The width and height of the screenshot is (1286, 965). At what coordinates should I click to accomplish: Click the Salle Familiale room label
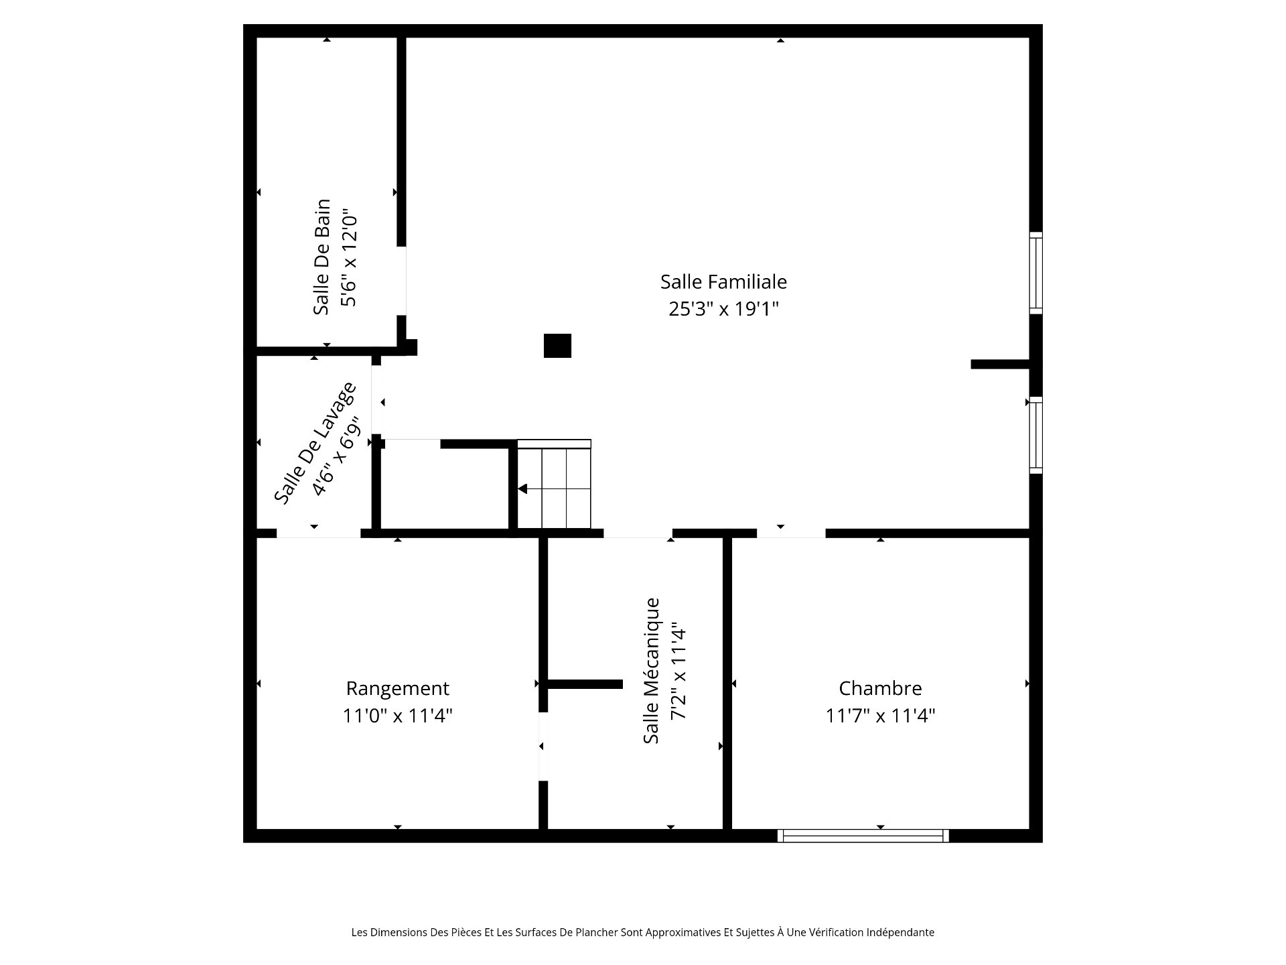pyautogui.click(x=723, y=281)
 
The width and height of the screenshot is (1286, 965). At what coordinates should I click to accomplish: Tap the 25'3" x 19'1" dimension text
pyautogui.click(x=724, y=309)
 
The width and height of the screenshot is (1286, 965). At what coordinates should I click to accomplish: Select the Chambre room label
pyautogui.click(x=880, y=688)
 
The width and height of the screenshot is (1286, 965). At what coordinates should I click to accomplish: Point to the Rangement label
pyautogui.click(x=397, y=689)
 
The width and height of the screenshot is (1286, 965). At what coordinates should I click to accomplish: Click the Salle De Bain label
pyautogui.click(x=322, y=257)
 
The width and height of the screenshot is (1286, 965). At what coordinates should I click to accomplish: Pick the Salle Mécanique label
pyautogui.click(x=651, y=670)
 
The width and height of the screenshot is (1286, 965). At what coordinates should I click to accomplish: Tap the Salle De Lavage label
pyautogui.click(x=314, y=443)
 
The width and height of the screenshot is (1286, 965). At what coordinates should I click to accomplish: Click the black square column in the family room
pyautogui.click(x=557, y=346)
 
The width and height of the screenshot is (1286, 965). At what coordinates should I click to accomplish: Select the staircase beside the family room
pyautogui.click(x=554, y=484)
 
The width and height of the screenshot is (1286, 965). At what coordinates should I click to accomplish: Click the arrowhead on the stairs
pyautogui.click(x=522, y=489)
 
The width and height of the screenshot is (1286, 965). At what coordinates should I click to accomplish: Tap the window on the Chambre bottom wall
pyautogui.click(x=863, y=836)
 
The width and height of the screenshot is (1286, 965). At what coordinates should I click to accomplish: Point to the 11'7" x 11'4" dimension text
pyautogui.click(x=880, y=716)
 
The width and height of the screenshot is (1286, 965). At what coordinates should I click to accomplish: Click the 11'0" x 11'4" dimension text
pyautogui.click(x=398, y=716)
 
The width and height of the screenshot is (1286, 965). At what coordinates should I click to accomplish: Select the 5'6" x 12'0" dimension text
pyautogui.click(x=349, y=260)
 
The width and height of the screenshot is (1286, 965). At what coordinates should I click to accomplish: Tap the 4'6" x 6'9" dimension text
pyautogui.click(x=337, y=457)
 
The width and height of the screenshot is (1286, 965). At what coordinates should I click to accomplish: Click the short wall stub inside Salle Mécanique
pyautogui.click(x=585, y=684)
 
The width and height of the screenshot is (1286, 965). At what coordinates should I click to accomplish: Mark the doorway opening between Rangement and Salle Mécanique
pyautogui.click(x=543, y=747)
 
